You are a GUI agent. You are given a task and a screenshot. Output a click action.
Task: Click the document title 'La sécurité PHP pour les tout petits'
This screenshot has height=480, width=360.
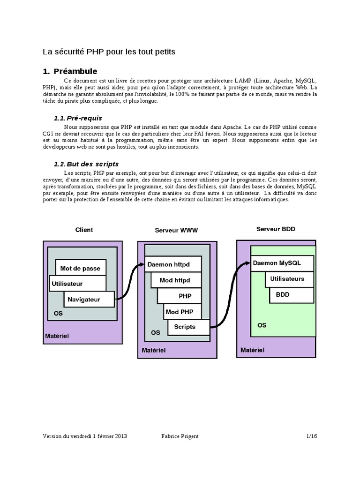pyautogui.click(x=109, y=52)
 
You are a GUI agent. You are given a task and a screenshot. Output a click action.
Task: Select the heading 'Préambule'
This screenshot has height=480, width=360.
pyautogui.click(x=75, y=72)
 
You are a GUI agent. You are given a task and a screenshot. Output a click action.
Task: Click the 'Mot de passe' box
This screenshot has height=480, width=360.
pyautogui.click(x=80, y=269)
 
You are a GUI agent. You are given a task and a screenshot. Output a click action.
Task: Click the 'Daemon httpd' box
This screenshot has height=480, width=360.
pyautogui.click(x=169, y=264)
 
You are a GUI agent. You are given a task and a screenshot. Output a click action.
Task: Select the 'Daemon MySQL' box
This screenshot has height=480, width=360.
pyautogui.click(x=277, y=263)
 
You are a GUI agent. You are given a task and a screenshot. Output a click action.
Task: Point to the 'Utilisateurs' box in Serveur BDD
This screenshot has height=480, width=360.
pyautogui.click(x=287, y=279)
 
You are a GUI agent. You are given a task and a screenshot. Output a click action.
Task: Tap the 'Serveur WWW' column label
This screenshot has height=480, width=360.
pyautogui.click(x=176, y=231)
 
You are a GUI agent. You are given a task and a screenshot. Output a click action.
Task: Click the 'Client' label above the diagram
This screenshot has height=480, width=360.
pyautogui.click(x=84, y=230)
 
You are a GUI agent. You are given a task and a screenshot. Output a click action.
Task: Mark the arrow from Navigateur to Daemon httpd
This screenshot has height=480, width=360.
pyautogui.click(x=129, y=281)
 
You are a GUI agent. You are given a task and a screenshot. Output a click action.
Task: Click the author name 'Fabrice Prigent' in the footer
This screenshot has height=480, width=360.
pyautogui.click(x=180, y=436)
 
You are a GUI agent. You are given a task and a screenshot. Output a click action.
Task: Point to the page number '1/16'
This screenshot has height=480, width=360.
pyautogui.click(x=311, y=436)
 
